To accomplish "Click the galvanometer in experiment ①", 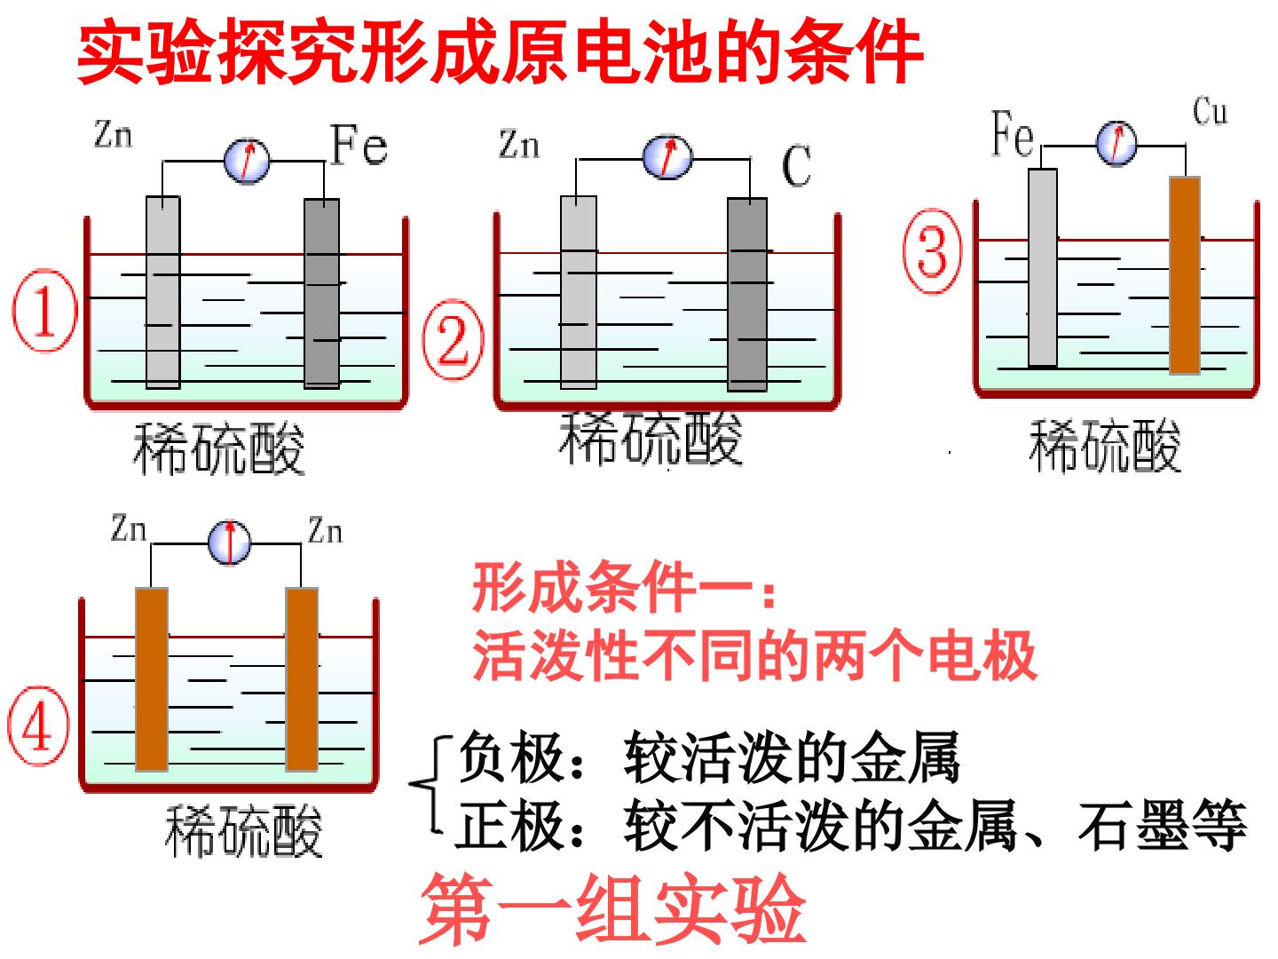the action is pos(247,161).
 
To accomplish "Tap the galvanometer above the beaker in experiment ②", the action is pos(667,157).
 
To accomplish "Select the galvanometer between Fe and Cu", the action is pos(1116,143).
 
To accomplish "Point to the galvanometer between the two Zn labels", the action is pos(230,543).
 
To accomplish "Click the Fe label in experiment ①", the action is pos(359,145).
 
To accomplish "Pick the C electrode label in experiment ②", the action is pos(796,165).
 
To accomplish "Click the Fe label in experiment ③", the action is pos(1014,134).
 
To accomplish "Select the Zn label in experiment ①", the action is pos(113,134).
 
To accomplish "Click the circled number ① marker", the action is pos(45,310).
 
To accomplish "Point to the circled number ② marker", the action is pos(453,339).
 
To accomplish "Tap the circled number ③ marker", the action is pos(933,251).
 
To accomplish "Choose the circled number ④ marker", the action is pos(38,725).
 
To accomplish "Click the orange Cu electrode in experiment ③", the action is pos(1185,275).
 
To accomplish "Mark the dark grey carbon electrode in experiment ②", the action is pos(747,294).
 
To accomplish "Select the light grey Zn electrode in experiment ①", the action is pos(163,292).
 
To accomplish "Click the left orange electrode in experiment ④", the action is pos(152,679).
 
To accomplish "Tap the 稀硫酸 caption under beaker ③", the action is pos(1105,446).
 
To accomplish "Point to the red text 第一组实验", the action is pos(612,911).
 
